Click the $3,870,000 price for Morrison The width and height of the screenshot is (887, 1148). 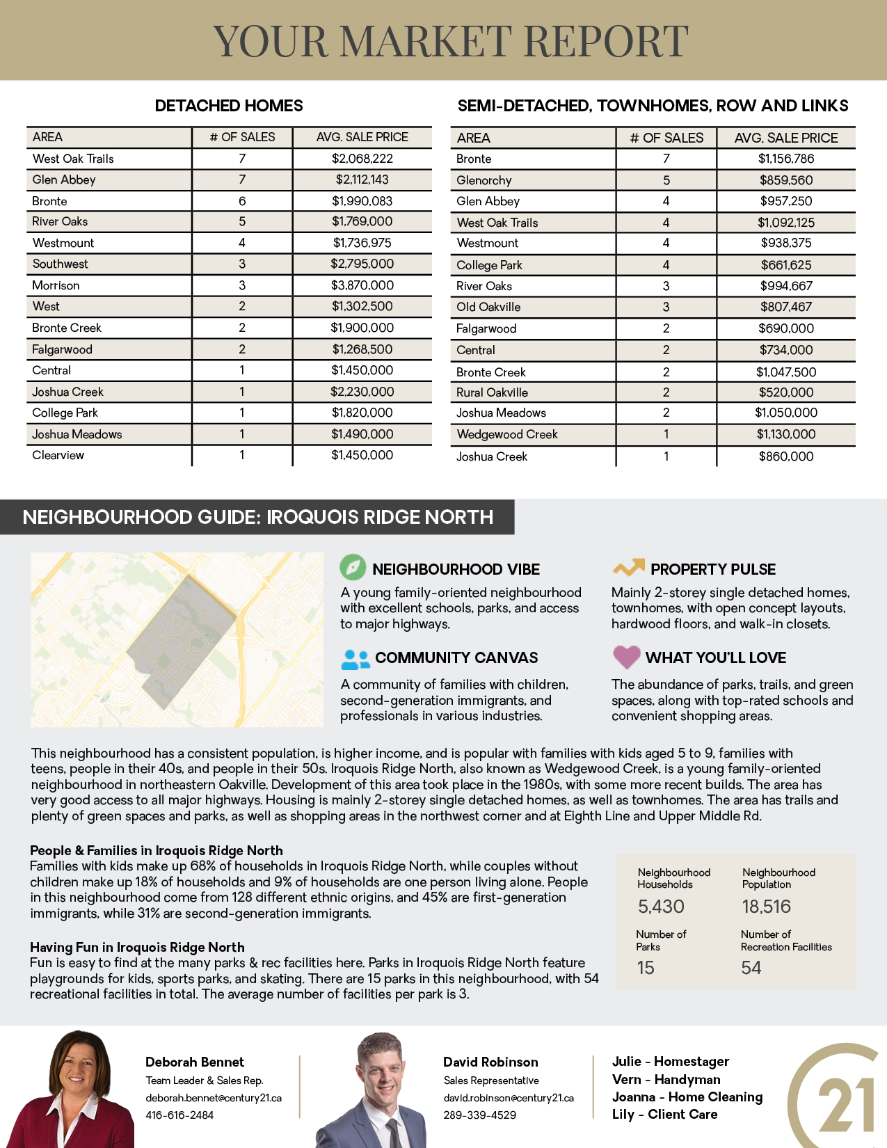click(362, 285)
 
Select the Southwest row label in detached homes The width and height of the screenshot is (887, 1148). click(60, 264)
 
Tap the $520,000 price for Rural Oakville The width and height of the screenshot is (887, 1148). click(785, 392)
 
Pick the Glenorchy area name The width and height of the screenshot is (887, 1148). click(484, 180)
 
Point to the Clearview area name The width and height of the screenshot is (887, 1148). click(58, 455)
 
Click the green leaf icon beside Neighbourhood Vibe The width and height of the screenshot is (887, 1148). click(353, 568)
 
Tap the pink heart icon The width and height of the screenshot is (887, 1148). click(626, 656)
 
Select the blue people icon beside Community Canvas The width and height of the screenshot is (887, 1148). click(355, 658)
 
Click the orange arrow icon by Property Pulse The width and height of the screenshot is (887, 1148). click(628, 568)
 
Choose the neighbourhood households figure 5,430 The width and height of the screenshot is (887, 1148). click(661, 907)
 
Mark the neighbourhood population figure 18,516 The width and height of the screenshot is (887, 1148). click(766, 907)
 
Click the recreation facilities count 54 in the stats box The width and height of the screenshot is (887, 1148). click(751, 968)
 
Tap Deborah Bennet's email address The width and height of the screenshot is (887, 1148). click(214, 1098)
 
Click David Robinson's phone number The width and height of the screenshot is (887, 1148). click(480, 1115)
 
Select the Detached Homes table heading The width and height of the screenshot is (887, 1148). click(229, 106)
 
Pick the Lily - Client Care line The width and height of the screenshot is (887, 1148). click(664, 1114)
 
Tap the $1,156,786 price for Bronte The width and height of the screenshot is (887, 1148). click(785, 159)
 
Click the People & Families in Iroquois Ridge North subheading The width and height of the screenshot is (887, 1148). click(157, 850)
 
